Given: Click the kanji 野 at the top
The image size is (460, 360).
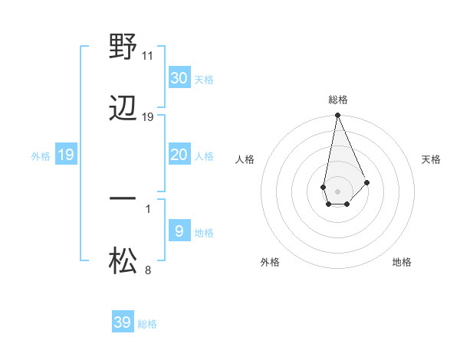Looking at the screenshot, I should (123, 47).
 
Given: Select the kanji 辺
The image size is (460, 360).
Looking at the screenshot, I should (123, 108).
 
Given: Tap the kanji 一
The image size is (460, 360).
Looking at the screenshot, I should (123, 198).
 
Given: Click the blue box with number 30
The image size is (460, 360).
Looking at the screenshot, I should (179, 77).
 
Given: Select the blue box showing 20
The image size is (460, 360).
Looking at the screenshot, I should (179, 155).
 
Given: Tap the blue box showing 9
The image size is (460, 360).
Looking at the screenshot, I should (179, 231).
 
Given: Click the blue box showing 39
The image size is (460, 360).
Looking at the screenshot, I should (122, 322).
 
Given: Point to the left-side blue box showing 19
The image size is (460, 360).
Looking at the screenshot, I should (65, 155).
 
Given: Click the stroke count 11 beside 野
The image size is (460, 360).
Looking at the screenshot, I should (148, 56).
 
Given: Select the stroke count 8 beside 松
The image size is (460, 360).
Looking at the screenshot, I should (148, 269).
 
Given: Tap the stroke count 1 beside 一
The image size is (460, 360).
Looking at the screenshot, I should (148, 208).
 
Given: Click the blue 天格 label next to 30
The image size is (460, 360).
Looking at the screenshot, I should (204, 79).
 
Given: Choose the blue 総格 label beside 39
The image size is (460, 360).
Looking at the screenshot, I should (147, 324).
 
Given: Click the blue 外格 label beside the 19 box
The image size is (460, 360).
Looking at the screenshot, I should (41, 156).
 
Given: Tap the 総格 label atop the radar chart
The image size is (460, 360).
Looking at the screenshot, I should (337, 100).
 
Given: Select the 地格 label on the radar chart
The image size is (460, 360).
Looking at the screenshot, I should (402, 262).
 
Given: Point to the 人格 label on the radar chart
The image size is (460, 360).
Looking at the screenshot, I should (245, 159).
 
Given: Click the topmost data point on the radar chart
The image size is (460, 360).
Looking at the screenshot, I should (337, 116).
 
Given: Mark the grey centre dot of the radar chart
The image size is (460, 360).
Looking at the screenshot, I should (337, 190).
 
